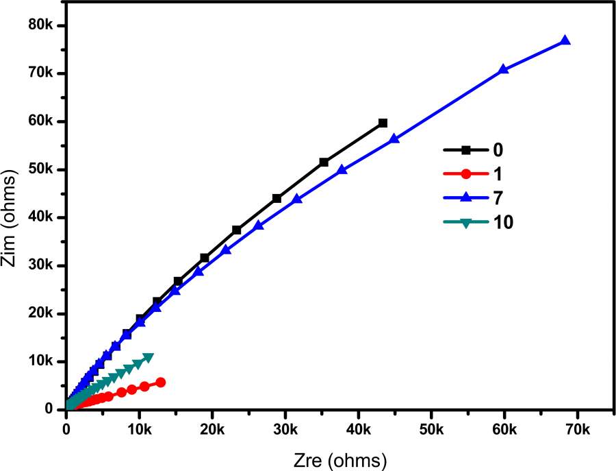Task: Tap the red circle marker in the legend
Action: (465, 173)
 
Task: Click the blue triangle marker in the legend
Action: (465, 197)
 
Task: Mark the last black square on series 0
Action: (383, 123)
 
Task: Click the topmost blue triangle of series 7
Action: (565, 40)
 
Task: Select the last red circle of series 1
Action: (161, 383)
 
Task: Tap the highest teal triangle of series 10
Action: (149, 357)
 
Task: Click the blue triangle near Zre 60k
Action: (503, 69)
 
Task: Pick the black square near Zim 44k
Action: (277, 198)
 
